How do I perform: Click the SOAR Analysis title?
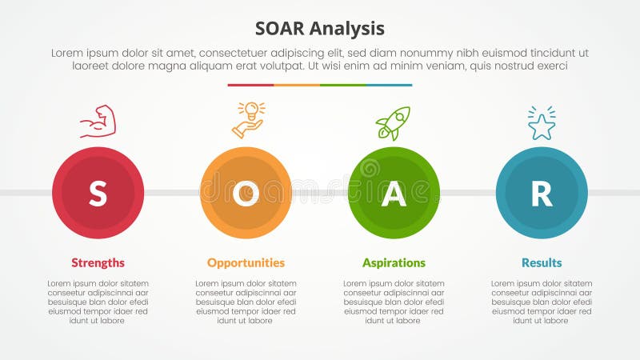[x=320, y=29]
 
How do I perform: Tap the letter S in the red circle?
[x=98, y=194]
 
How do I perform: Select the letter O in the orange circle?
[x=246, y=194]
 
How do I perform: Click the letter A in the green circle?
[x=394, y=194]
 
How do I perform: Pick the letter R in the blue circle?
[x=542, y=194]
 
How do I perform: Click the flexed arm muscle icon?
[x=98, y=122]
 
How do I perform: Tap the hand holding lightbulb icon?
[x=249, y=120]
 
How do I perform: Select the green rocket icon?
[x=393, y=122]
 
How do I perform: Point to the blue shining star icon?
[x=542, y=123]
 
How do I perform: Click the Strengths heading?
[x=98, y=262]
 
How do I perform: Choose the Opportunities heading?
[x=246, y=262]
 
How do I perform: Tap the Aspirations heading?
[x=394, y=262]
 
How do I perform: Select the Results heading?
[x=542, y=262]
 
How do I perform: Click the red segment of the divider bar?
[x=250, y=85]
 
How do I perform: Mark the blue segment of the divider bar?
[x=389, y=85]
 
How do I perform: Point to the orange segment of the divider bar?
[x=297, y=85]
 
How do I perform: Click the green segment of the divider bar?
[x=342, y=85]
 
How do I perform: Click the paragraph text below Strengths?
[x=98, y=302]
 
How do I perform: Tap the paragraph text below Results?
[x=542, y=302]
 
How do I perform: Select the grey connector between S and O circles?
[x=172, y=193]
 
